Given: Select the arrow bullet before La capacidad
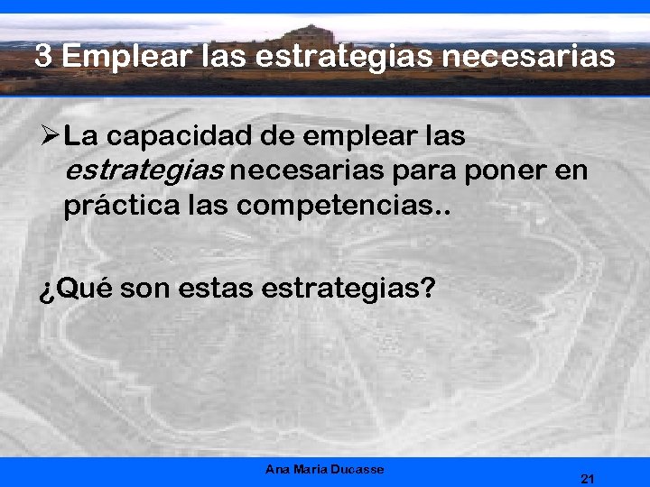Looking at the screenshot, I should point(50,137).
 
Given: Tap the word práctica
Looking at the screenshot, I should point(117,206).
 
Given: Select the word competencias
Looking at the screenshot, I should point(342,206).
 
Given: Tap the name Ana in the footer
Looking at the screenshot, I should point(278,469).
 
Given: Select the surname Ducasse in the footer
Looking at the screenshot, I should point(358,469).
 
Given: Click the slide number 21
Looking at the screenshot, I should point(588,478).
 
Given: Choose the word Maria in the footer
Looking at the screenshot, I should point(311,469).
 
